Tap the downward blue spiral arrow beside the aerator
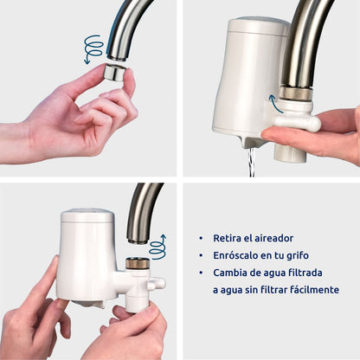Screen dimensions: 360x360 (93, 48)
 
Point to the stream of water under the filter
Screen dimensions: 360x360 (252, 161)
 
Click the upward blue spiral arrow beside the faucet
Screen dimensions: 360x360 (157, 247)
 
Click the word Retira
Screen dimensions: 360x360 (227, 237)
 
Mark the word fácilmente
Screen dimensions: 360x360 (311, 290)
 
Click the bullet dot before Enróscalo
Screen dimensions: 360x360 (202, 255)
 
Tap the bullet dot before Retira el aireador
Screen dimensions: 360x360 (202, 237)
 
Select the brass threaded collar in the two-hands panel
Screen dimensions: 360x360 (137, 261)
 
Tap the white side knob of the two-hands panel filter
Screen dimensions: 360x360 (157, 283)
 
